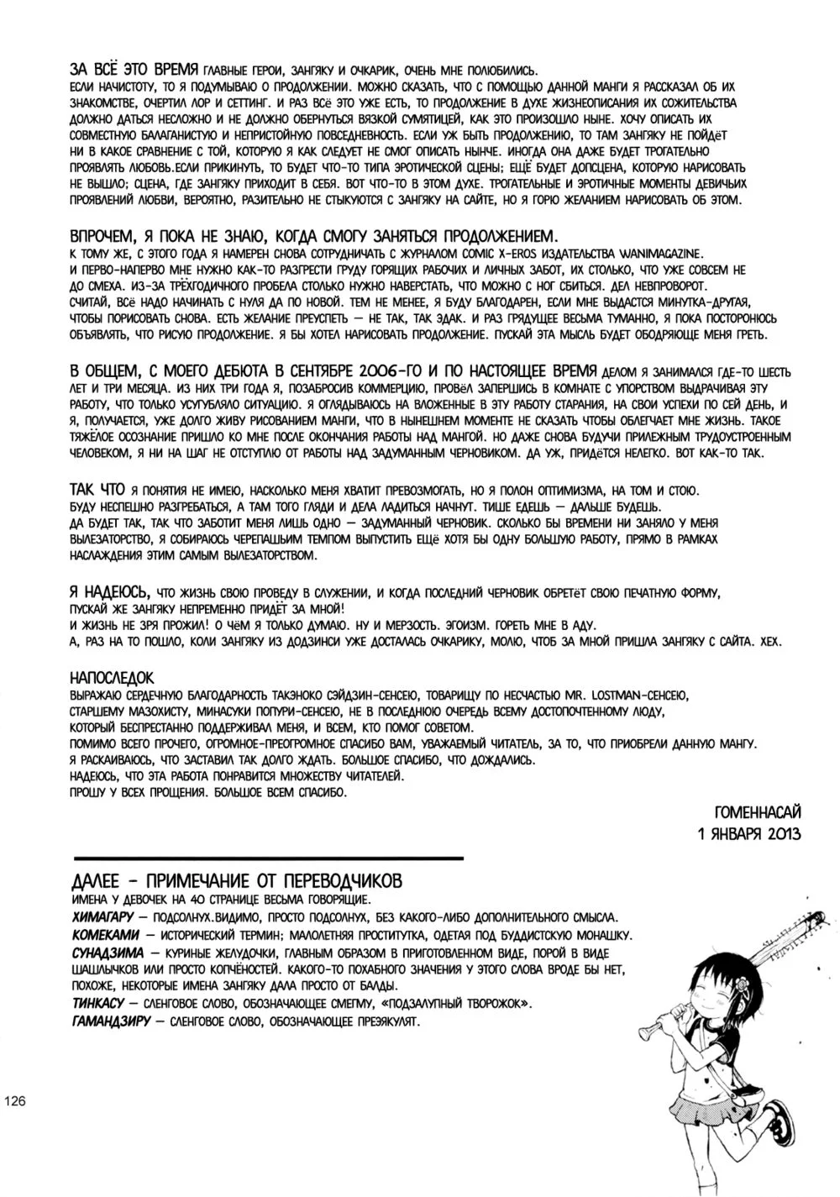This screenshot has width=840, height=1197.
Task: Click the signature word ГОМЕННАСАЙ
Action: [x=757, y=812]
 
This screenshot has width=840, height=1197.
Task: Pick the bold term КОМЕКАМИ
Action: [x=103, y=935]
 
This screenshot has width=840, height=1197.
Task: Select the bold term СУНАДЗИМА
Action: [x=107, y=953]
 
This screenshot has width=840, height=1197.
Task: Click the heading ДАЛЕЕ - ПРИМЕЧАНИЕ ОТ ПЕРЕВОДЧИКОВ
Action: [x=238, y=881]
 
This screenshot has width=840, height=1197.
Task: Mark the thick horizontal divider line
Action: [x=269, y=858]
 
